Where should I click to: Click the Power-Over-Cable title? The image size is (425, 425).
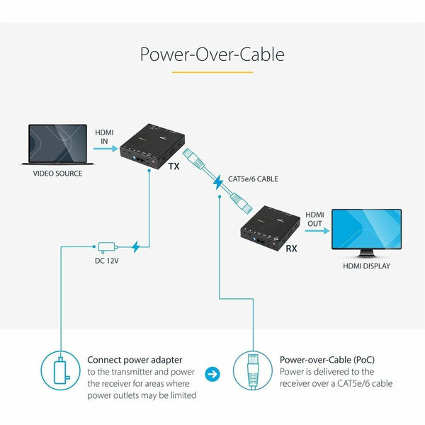click(212, 55)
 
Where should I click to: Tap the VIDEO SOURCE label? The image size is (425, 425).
click(58, 173)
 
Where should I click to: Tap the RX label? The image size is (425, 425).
click(290, 249)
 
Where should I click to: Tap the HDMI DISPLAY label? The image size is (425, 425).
click(368, 266)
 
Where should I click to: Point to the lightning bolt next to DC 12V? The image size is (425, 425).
click(137, 247)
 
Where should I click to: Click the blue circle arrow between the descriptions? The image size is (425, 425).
click(212, 372)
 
